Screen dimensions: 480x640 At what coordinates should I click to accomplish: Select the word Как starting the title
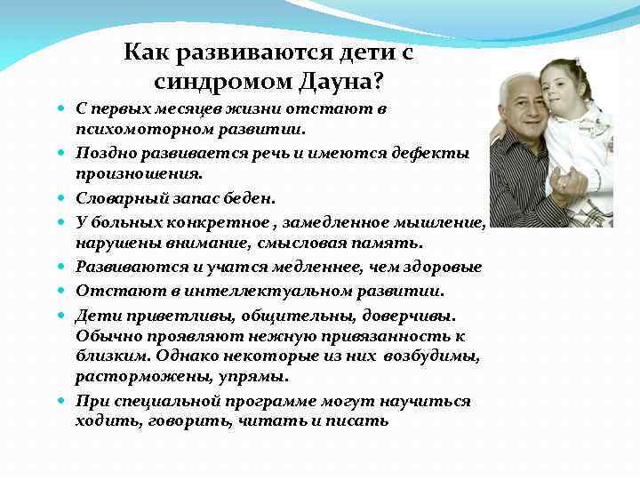pos(147,53)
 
